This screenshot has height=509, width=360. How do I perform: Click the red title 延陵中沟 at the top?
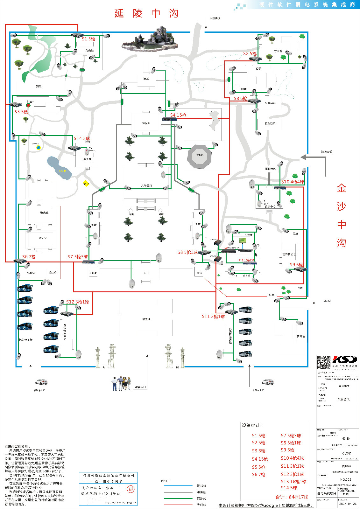146,13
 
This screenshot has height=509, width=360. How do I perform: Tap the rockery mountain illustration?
150,40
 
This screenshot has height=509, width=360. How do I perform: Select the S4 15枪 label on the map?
178,115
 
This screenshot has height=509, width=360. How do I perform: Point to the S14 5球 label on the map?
82,138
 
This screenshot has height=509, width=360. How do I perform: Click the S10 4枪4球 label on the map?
293,182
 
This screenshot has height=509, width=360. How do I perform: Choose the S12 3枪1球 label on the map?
78,302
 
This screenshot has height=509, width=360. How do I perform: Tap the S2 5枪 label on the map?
250,54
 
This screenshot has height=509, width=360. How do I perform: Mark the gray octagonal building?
200,156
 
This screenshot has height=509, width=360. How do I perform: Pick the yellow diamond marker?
86,184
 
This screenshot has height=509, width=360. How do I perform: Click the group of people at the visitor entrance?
121,383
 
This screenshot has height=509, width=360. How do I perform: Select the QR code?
323,363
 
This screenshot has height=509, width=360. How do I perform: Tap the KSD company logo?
345,359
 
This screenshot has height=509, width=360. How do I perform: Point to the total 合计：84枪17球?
292,497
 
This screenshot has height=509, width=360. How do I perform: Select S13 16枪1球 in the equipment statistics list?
293,482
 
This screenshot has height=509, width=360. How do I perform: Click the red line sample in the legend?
178,505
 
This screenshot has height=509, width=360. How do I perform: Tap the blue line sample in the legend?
178,486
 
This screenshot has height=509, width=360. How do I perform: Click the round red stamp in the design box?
131,489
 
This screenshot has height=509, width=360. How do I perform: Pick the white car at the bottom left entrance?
41,382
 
